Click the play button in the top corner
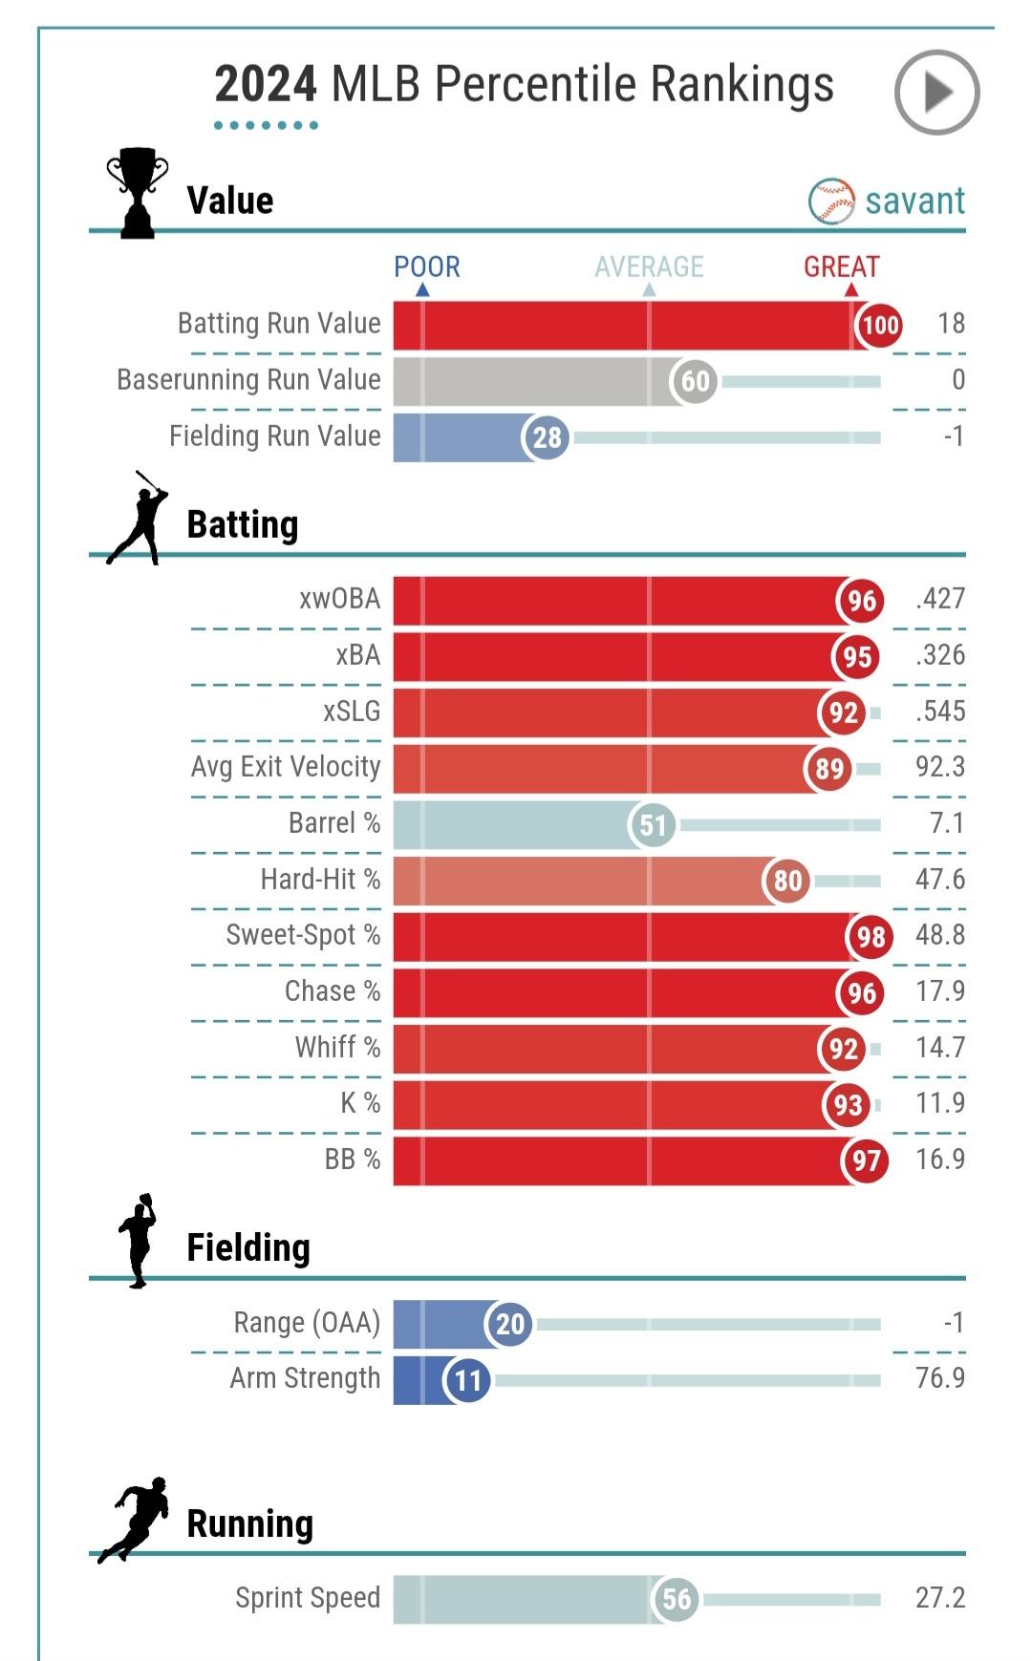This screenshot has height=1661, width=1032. click(x=936, y=93)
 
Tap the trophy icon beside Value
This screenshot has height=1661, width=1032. click(x=138, y=192)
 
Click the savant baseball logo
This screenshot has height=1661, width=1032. click(x=831, y=202)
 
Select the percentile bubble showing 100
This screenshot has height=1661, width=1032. click(x=879, y=325)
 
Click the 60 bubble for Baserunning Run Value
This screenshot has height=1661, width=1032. click(x=695, y=381)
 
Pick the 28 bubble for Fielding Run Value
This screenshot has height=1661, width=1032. click(x=547, y=437)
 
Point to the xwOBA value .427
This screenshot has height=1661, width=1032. click(x=940, y=599)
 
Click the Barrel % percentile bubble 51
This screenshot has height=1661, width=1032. click(x=653, y=824)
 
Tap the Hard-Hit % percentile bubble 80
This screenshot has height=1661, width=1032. click(x=787, y=881)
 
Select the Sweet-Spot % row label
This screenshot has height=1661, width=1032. click(x=303, y=935)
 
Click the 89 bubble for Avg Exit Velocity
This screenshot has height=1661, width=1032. click(x=828, y=768)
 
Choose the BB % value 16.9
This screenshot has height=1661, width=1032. click(x=940, y=1160)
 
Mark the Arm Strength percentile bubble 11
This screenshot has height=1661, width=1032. click(x=467, y=1380)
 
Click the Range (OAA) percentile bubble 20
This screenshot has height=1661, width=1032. click(x=510, y=1324)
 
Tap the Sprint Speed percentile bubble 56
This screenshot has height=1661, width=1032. click(x=677, y=1599)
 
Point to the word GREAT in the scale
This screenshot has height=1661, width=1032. click(x=841, y=266)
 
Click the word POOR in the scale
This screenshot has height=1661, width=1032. click(x=427, y=266)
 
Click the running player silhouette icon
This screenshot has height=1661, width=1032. click(x=136, y=1520)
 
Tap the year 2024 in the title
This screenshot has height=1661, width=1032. click(x=265, y=85)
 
